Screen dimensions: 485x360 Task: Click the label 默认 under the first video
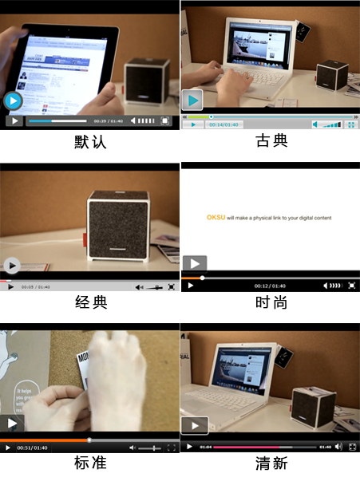pyautogui.click(x=90, y=142)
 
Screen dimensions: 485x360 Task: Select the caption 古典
pyautogui.click(x=271, y=141)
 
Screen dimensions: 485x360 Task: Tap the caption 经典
pyautogui.click(x=90, y=303)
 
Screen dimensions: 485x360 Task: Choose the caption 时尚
pyautogui.click(x=271, y=303)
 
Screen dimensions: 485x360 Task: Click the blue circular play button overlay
pyautogui.click(x=13, y=101)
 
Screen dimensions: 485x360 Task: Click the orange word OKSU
pyautogui.click(x=216, y=218)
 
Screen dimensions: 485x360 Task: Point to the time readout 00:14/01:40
pyautogui.click(x=224, y=124)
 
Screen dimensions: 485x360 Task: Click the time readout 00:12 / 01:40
pyautogui.click(x=270, y=286)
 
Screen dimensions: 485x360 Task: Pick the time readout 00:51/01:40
pyautogui.click(x=32, y=448)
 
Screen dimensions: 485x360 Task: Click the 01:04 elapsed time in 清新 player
pyautogui.click(x=205, y=447)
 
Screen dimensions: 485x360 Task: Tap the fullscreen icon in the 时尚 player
pyautogui.click(x=351, y=286)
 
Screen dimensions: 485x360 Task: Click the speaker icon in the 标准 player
pyautogui.click(x=133, y=448)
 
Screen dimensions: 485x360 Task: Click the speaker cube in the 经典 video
pyautogui.click(x=117, y=225)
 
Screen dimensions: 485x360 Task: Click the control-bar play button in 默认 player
pyautogui.click(x=14, y=121)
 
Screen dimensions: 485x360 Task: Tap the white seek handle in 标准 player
pyautogui.click(x=89, y=440)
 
